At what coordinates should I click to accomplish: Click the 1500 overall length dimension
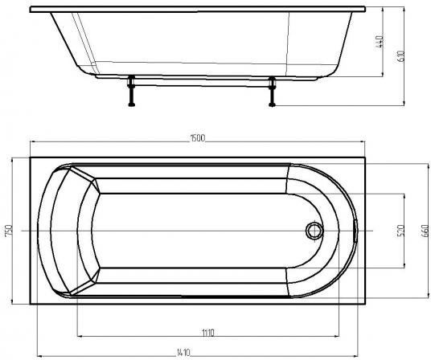pos(197,138)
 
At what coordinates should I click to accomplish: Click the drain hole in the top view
pos(313,231)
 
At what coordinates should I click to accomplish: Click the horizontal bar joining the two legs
pos(200,83)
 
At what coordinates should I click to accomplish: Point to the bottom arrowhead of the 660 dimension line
pos(425,296)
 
